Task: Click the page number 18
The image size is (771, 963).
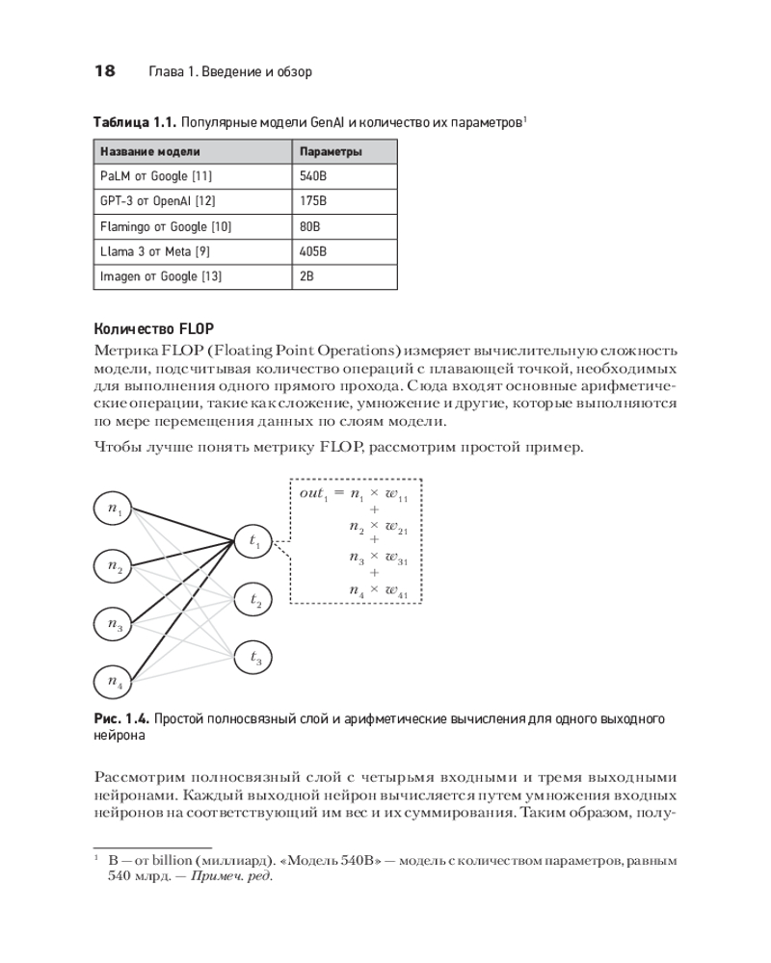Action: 104,71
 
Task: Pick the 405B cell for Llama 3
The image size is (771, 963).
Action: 314,252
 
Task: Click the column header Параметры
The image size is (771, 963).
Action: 331,152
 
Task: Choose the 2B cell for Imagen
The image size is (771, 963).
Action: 307,277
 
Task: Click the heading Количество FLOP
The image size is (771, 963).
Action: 151,327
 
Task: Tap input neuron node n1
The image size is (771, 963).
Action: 116,509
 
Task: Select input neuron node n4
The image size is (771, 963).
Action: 116,683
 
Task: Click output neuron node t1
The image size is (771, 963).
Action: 255,543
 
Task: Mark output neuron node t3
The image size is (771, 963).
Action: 255,659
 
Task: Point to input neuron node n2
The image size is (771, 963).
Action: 116,566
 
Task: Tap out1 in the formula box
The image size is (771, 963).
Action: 314,493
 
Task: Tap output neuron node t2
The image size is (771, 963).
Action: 255,601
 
